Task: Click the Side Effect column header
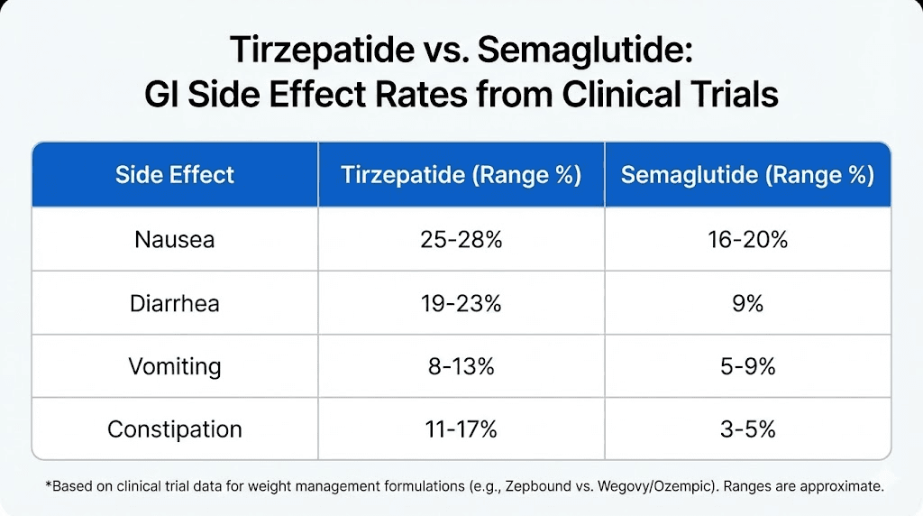pyautogui.click(x=174, y=175)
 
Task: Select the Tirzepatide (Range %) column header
pyautogui.click(x=461, y=175)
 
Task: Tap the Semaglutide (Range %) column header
pyautogui.click(x=747, y=175)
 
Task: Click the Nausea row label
pyautogui.click(x=174, y=240)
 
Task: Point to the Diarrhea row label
pyautogui.click(x=174, y=303)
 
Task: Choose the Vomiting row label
pyautogui.click(x=174, y=366)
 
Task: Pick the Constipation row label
pyautogui.click(x=174, y=429)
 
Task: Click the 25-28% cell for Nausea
pyautogui.click(x=461, y=240)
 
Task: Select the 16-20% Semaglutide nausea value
pyautogui.click(x=747, y=240)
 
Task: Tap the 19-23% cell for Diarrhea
pyautogui.click(x=461, y=303)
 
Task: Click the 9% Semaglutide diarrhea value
pyautogui.click(x=747, y=303)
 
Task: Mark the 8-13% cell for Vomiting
pyautogui.click(x=461, y=366)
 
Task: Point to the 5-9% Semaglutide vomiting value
pyautogui.click(x=747, y=366)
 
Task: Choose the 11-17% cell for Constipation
pyautogui.click(x=461, y=429)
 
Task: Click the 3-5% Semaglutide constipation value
pyautogui.click(x=747, y=429)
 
